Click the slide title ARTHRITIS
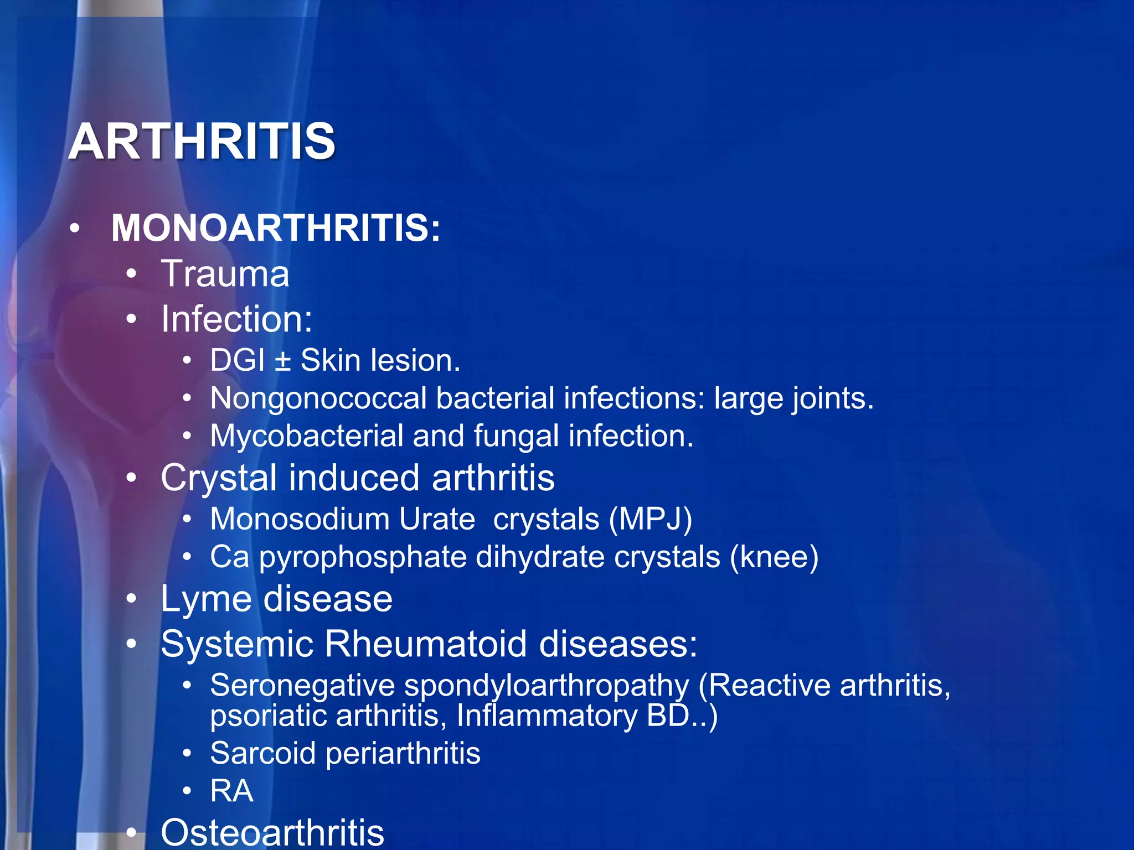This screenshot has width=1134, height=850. pyautogui.click(x=202, y=142)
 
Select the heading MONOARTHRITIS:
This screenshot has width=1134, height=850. pyautogui.click(x=276, y=228)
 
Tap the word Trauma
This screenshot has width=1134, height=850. pyautogui.click(x=225, y=274)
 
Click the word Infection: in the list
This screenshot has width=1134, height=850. pyautogui.click(x=236, y=319)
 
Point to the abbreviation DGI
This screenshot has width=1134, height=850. pyautogui.click(x=237, y=361)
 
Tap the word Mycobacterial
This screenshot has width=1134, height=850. pyautogui.click(x=306, y=436)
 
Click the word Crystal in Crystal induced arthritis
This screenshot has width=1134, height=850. pyautogui.click(x=218, y=478)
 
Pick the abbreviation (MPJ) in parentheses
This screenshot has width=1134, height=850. pyautogui.click(x=650, y=520)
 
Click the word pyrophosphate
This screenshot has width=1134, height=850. pyautogui.click(x=363, y=557)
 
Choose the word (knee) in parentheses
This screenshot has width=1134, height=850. pyautogui.click(x=774, y=557)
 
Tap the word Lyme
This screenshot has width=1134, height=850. pyautogui.click(x=206, y=599)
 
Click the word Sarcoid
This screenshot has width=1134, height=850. pyautogui.click(x=262, y=754)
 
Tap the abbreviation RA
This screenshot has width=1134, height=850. pyautogui.click(x=231, y=791)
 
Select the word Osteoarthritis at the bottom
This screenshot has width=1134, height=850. pyautogui.click(x=272, y=833)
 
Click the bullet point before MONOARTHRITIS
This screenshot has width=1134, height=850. pyautogui.click(x=75, y=228)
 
